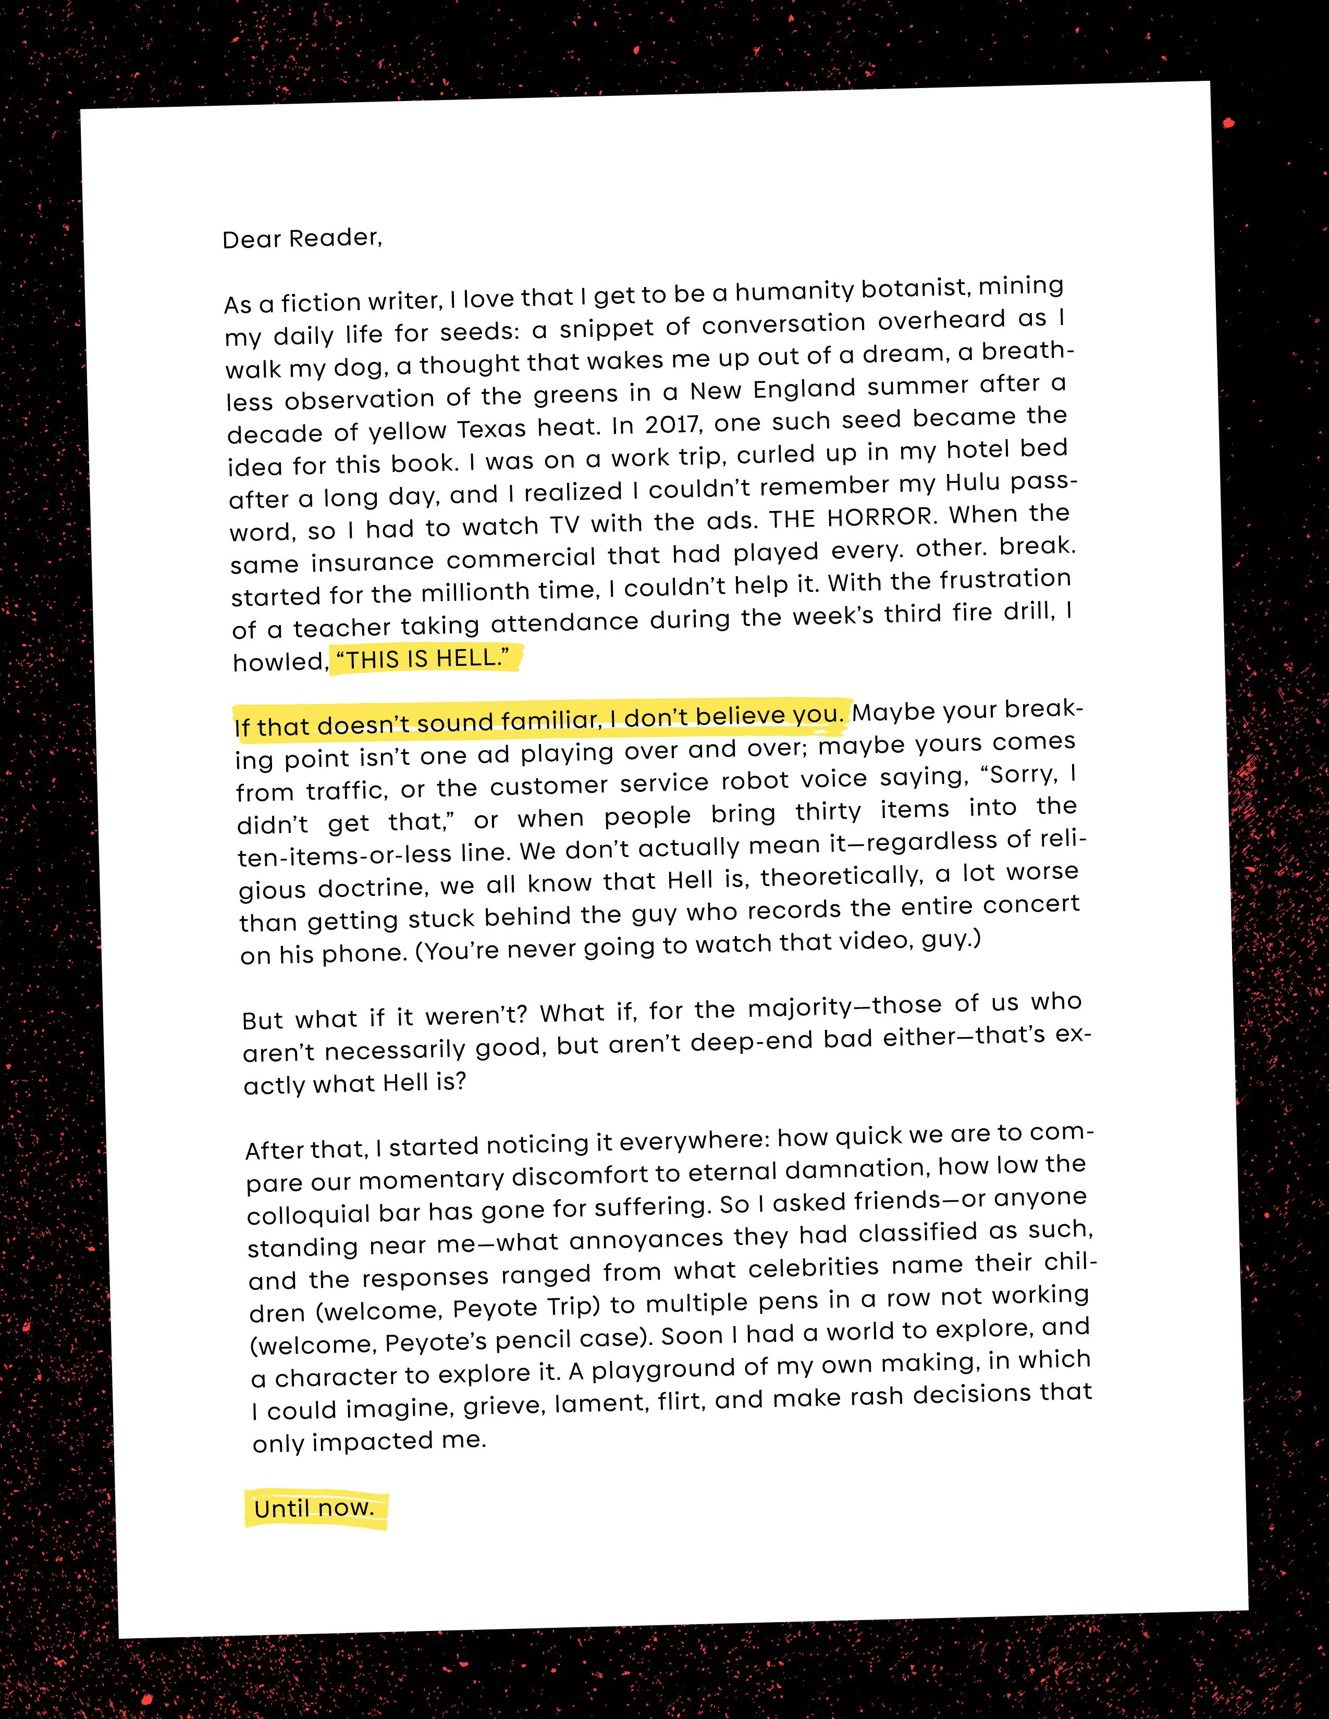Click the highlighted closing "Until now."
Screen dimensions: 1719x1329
tap(314, 1508)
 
